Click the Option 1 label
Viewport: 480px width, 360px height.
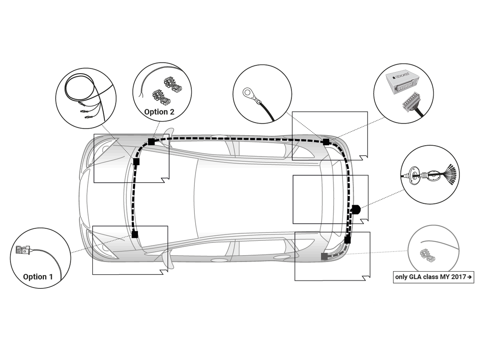(38, 277)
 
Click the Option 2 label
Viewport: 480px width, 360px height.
(159, 112)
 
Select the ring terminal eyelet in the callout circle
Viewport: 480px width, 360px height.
(250, 94)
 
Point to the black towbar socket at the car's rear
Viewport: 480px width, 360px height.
(355, 210)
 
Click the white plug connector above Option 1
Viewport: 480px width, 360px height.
(22, 250)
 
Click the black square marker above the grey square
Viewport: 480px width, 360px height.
(347, 240)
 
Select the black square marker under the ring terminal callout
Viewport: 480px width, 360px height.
(326, 142)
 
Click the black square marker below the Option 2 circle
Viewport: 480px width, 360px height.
(152, 142)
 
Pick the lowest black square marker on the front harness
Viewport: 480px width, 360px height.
(135, 234)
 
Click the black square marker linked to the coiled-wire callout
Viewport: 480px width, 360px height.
(136, 162)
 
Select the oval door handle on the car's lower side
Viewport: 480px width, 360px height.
(218, 260)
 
